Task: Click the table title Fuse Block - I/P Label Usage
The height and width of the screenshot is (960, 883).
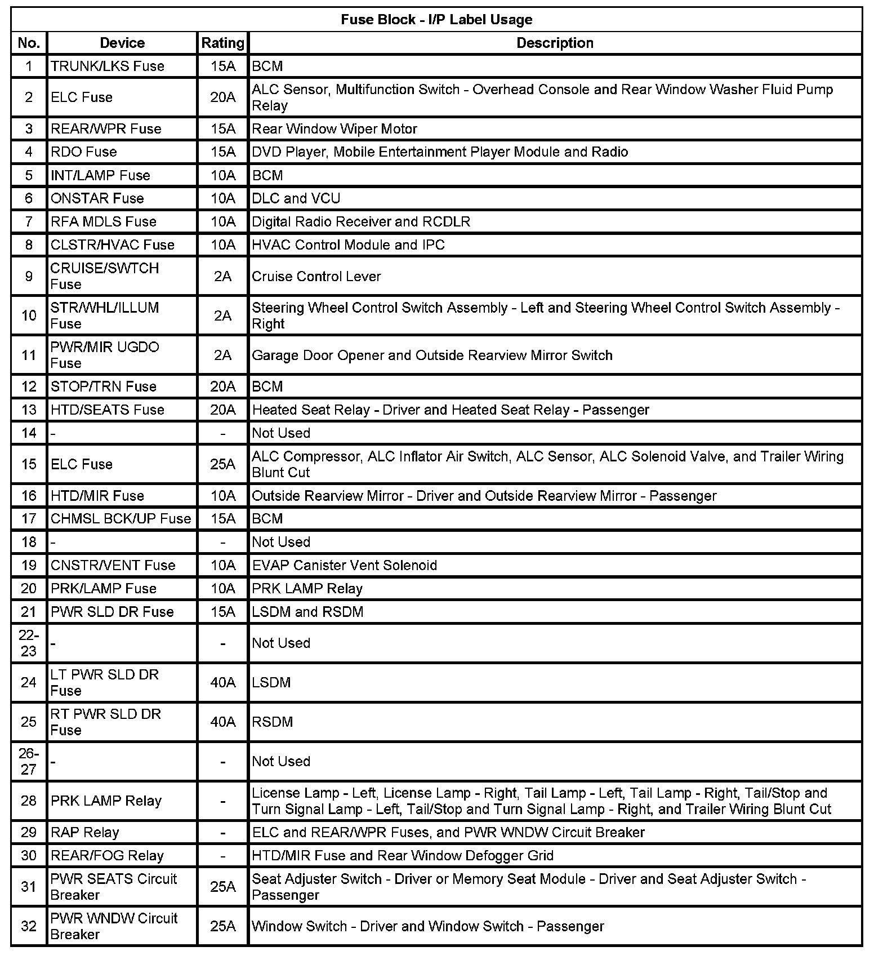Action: click(436, 20)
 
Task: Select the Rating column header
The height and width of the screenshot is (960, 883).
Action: click(223, 43)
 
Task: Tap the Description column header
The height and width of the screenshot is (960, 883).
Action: click(555, 43)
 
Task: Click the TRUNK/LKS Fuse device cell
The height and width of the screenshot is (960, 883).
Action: click(108, 66)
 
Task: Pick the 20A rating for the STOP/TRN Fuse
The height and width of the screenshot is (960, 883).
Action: click(223, 386)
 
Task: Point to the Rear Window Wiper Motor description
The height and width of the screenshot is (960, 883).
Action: click(335, 128)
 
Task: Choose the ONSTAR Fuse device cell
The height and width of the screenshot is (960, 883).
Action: click(97, 198)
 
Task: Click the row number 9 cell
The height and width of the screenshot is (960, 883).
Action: click(29, 276)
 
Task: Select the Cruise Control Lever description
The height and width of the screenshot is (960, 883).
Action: click(316, 276)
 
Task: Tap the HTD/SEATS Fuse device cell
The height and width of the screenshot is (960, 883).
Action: click(108, 410)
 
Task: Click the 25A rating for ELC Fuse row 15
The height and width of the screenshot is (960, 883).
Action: click(223, 464)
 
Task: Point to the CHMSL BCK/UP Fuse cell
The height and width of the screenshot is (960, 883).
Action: click(121, 518)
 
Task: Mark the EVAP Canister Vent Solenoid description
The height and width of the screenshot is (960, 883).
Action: click(345, 565)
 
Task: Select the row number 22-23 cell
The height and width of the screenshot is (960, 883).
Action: click(29, 643)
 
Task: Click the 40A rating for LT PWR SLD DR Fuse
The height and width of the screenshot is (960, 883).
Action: click(223, 682)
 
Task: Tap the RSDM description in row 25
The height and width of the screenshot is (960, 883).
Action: click(273, 722)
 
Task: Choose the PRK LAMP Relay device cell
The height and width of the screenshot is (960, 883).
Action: click(106, 801)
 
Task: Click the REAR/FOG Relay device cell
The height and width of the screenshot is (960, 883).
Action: click(108, 855)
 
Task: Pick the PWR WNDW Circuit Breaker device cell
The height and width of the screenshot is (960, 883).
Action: click(114, 926)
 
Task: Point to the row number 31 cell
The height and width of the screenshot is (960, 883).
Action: click(29, 887)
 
